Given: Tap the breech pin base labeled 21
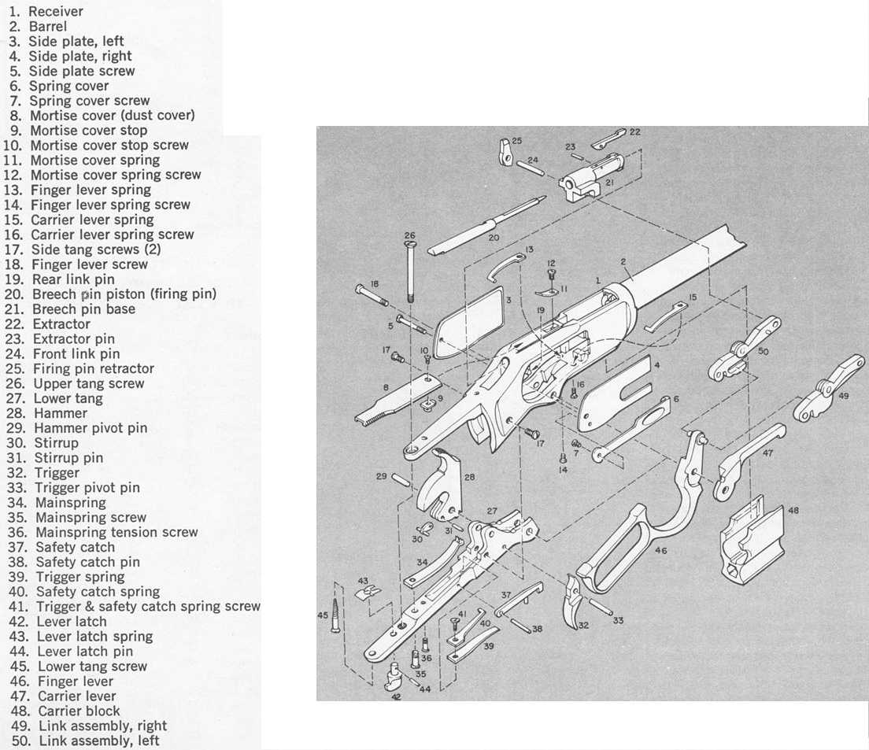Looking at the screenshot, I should point(590,179).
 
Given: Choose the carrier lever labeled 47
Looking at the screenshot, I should point(748,460).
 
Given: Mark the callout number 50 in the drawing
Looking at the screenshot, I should point(763,351).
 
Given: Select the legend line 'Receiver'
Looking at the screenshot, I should point(55,12).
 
